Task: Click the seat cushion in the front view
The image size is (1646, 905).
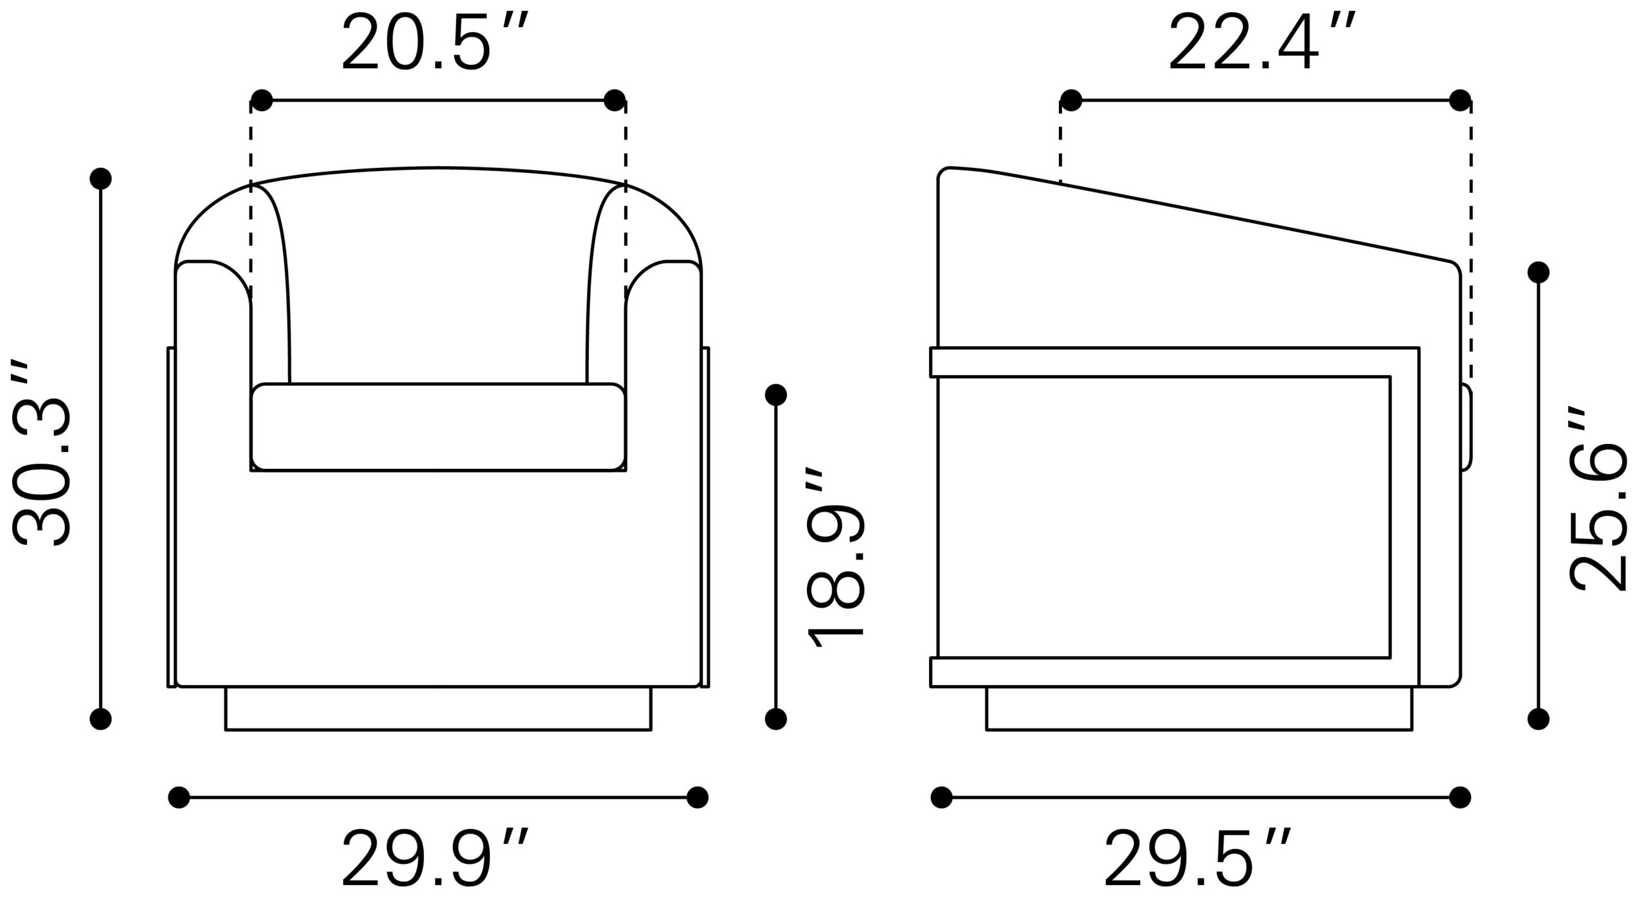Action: [x=438, y=426]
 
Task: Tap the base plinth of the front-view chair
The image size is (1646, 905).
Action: [x=438, y=708]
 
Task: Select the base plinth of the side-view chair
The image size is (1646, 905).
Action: [x=1199, y=708]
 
